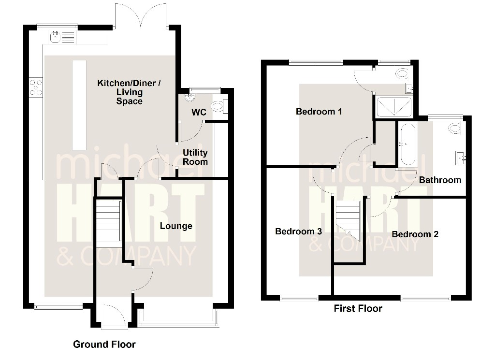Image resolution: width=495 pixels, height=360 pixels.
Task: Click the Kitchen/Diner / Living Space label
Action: tap(129, 92)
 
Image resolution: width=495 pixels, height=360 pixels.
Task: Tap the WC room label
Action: tap(199, 112)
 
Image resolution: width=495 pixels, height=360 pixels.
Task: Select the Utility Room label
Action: tap(195, 157)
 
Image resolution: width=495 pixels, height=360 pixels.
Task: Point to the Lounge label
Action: tap(176, 226)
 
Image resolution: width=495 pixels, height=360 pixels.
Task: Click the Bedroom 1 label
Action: tap(319, 111)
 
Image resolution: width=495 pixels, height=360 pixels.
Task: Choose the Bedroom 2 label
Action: tap(415, 234)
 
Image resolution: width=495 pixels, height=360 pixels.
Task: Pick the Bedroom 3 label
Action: tap(298, 231)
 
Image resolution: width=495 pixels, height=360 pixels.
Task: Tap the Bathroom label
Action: tap(440, 180)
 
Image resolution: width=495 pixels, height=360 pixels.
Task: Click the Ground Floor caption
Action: tap(104, 344)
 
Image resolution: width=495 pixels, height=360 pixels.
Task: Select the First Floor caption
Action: tap(358, 308)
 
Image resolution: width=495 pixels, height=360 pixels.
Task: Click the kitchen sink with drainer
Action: tap(63, 37)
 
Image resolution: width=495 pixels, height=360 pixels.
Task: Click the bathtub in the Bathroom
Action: tap(407, 145)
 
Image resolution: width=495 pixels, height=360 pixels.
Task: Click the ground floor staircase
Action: tap(108, 223)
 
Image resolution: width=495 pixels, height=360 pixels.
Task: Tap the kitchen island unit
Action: tap(79, 105)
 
